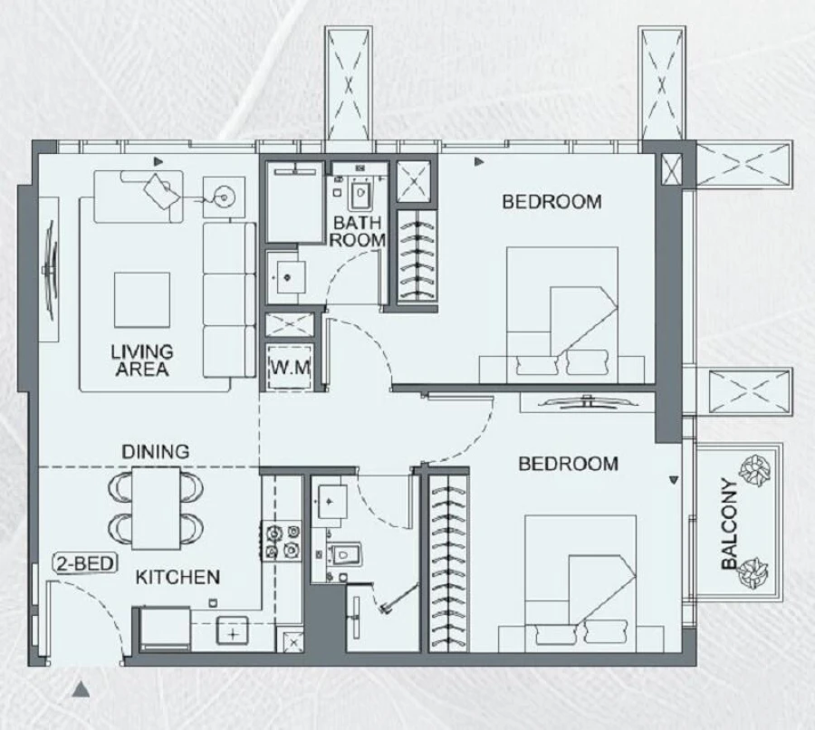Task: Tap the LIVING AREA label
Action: [x=142, y=360]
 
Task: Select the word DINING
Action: [x=156, y=451]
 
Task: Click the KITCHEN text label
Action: [x=177, y=577]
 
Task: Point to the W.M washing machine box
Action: [x=289, y=368]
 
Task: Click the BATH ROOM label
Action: [x=358, y=231]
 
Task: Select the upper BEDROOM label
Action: [x=551, y=201]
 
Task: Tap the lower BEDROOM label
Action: [x=568, y=464]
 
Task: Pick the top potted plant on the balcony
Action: [x=751, y=470]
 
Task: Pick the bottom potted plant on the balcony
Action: [x=753, y=573]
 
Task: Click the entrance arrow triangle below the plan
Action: [x=81, y=691]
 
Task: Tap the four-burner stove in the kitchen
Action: [x=281, y=540]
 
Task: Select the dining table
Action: [x=157, y=507]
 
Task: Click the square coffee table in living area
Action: [x=141, y=299]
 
